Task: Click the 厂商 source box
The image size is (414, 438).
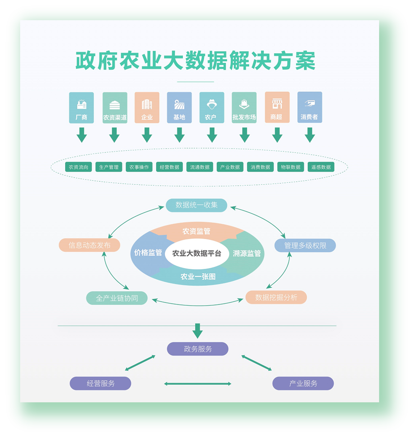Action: [81, 107]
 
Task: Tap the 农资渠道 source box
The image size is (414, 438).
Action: [115, 107]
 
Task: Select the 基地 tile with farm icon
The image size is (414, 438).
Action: [179, 107]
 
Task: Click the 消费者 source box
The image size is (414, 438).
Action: [310, 107]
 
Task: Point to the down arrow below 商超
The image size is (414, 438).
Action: [277, 135]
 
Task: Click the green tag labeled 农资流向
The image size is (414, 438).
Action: [78, 167]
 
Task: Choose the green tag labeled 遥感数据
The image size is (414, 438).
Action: [321, 167]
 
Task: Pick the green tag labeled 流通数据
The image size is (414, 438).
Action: [200, 167]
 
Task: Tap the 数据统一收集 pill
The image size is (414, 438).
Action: [196, 205]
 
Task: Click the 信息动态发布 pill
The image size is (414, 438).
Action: [89, 245]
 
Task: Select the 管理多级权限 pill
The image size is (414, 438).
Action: [305, 245]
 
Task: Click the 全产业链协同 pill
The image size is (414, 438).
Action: [117, 298]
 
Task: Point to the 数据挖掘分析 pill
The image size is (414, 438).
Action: [276, 297]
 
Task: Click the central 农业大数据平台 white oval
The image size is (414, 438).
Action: [197, 253]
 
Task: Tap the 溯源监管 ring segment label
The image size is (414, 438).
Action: [247, 253]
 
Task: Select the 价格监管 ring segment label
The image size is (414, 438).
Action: [148, 253]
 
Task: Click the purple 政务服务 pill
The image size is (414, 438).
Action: [198, 349]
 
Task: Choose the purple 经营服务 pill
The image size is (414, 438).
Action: [100, 384]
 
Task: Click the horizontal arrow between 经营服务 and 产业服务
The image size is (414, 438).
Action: [198, 384]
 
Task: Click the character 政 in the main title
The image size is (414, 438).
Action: [86, 61]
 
